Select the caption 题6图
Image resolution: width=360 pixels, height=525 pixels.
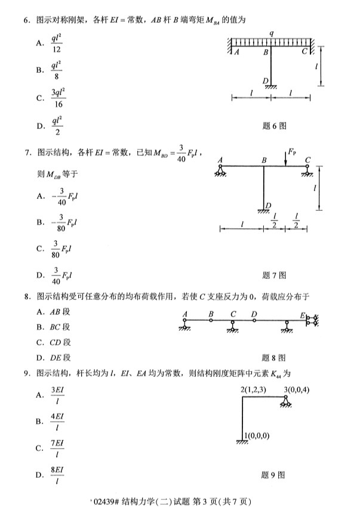274,126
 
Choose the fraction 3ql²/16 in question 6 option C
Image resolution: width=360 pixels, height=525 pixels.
58,97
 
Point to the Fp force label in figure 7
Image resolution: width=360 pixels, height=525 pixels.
291,152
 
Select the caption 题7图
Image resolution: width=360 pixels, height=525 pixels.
274,275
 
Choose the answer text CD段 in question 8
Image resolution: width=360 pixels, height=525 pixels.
60,342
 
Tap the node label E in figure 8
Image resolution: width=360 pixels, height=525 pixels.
302,315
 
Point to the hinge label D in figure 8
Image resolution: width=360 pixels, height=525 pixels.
254,314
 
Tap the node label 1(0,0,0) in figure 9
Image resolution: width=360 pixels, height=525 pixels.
257,436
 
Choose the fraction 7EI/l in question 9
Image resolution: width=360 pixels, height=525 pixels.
58,447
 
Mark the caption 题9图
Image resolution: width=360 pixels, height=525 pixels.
274,475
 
